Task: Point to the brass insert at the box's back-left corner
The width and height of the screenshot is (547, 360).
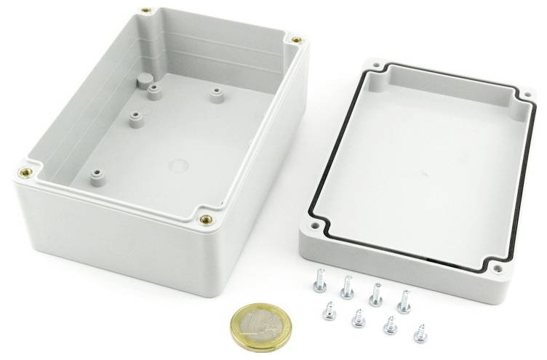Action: coord(148,12)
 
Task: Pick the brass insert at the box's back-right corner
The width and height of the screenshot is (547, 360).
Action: coord(296,39)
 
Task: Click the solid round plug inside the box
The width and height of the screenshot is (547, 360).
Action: coord(143,79)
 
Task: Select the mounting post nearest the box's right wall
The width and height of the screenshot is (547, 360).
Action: coord(215,94)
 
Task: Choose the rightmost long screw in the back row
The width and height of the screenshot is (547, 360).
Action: coord(404,299)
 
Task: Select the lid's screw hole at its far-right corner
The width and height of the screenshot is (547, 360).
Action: coord(526,94)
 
